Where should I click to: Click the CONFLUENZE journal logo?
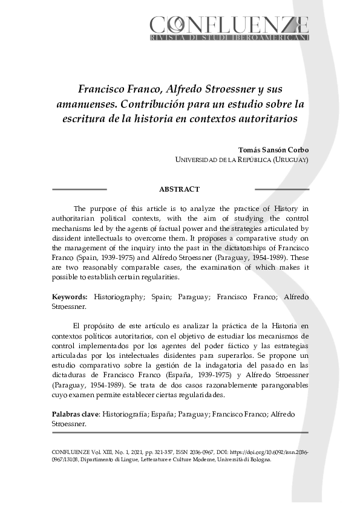pos(229,25)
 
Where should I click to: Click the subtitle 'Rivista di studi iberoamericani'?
pos(229,37)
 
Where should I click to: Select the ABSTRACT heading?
pos(179,189)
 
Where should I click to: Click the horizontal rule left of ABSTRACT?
pos(79,189)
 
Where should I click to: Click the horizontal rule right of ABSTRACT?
pos(281,189)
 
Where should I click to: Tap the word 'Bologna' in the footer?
pos(258,459)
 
